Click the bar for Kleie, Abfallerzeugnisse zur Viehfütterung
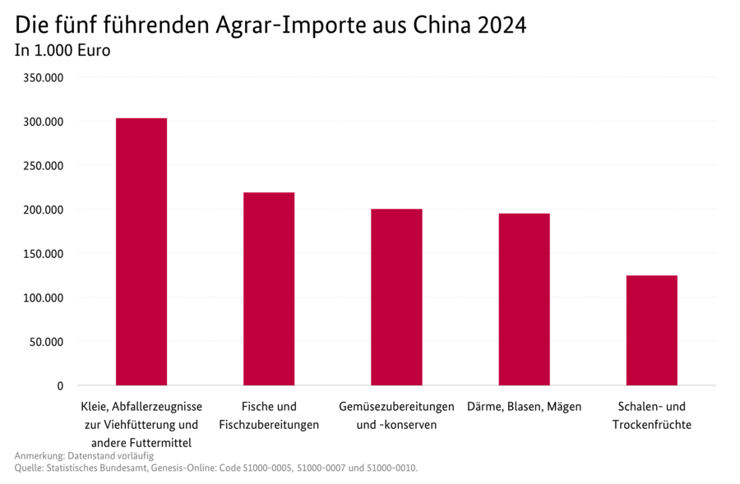point(141,251)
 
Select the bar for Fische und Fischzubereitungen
point(269,288)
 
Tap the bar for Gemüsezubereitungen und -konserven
point(396,297)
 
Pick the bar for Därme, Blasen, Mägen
point(524,299)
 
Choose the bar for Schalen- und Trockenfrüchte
point(651,330)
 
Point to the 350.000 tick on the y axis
point(43,77)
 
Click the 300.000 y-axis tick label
point(43,122)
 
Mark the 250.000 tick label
point(43,165)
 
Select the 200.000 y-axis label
point(43,210)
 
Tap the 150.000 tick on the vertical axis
point(43,253)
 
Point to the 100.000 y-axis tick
point(43,297)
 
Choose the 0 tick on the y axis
point(59,385)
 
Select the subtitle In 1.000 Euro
point(62,51)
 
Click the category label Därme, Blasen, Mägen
point(524,407)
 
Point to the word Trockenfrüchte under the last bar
point(651,425)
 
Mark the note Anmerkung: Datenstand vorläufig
point(84,455)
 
